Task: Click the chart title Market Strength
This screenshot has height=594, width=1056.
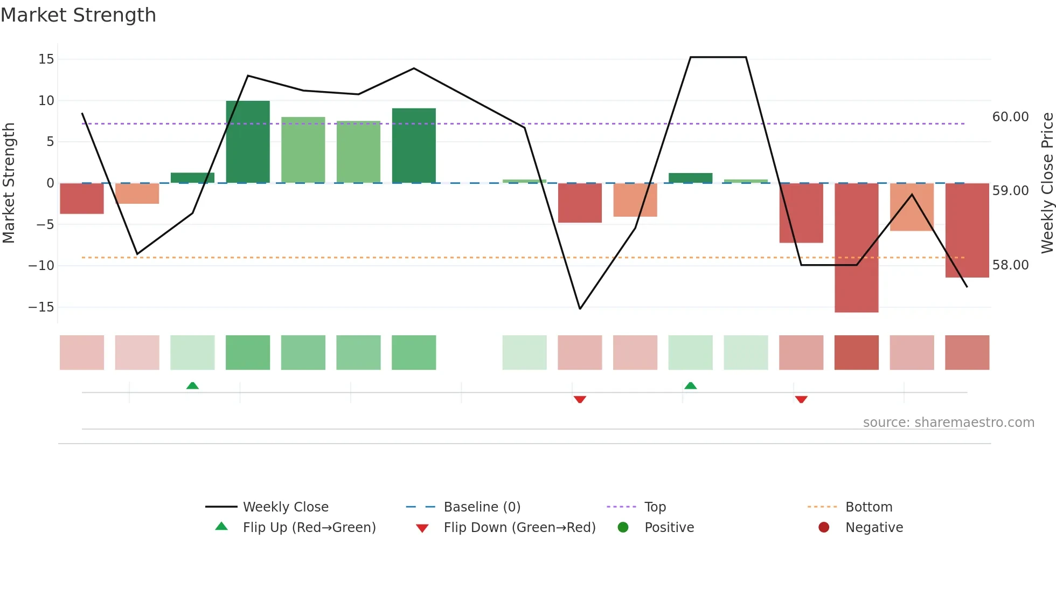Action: [x=78, y=15]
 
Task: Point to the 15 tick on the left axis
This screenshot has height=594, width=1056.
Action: [x=46, y=59]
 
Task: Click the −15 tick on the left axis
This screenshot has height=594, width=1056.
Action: [x=41, y=307]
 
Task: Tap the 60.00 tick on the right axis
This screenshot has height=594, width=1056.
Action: [x=1010, y=116]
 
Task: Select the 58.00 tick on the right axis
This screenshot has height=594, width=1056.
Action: [x=1010, y=265]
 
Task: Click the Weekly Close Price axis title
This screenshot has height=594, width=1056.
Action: [x=1047, y=183]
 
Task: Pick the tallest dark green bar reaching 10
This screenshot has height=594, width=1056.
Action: [x=248, y=142]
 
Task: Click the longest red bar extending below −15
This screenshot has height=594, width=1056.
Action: [x=856, y=247]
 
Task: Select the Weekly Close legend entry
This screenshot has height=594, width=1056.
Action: [x=285, y=507]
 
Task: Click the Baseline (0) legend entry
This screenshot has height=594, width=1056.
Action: [x=482, y=507]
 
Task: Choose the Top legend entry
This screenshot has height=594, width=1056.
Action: [x=655, y=507]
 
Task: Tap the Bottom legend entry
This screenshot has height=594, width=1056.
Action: [x=869, y=507]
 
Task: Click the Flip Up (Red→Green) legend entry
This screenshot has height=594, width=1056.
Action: [x=309, y=527]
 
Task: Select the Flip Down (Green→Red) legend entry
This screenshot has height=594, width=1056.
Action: [x=519, y=527]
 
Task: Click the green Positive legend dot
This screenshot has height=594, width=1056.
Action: [x=623, y=527]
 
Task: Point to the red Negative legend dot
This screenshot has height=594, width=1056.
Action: [x=824, y=527]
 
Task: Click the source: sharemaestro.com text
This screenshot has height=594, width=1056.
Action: [x=948, y=422]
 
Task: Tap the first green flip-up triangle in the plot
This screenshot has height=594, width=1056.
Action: [x=192, y=385]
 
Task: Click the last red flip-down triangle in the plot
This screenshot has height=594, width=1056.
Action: [x=801, y=399]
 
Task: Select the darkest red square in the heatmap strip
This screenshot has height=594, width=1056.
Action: [x=856, y=352]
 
